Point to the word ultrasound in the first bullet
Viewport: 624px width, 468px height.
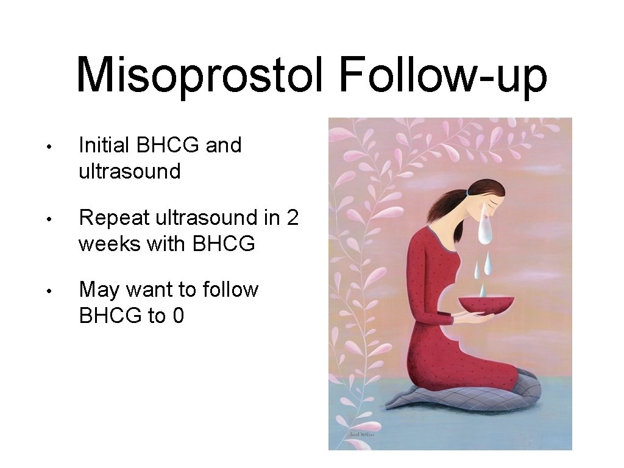tap(130, 171)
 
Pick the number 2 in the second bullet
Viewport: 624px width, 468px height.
tap(292, 218)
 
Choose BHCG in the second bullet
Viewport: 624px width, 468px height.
tap(223, 244)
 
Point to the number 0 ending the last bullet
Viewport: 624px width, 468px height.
tap(177, 316)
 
